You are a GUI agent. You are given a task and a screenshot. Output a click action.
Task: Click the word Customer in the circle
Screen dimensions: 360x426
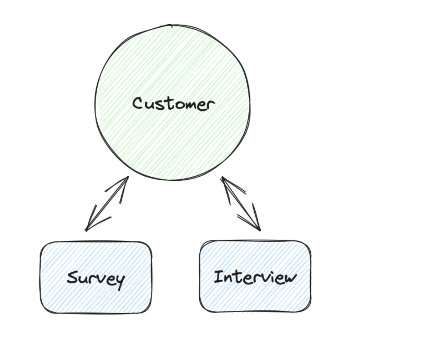tap(173, 104)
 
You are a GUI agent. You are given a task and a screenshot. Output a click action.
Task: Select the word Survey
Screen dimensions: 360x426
tap(96, 279)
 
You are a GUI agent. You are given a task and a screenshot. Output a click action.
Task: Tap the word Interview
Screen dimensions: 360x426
tap(255, 277)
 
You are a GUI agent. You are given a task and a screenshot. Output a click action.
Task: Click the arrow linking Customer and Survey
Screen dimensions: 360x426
tap(107, 204)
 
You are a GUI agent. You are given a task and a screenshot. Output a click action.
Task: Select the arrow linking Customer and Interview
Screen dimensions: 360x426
tap(241, 204)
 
